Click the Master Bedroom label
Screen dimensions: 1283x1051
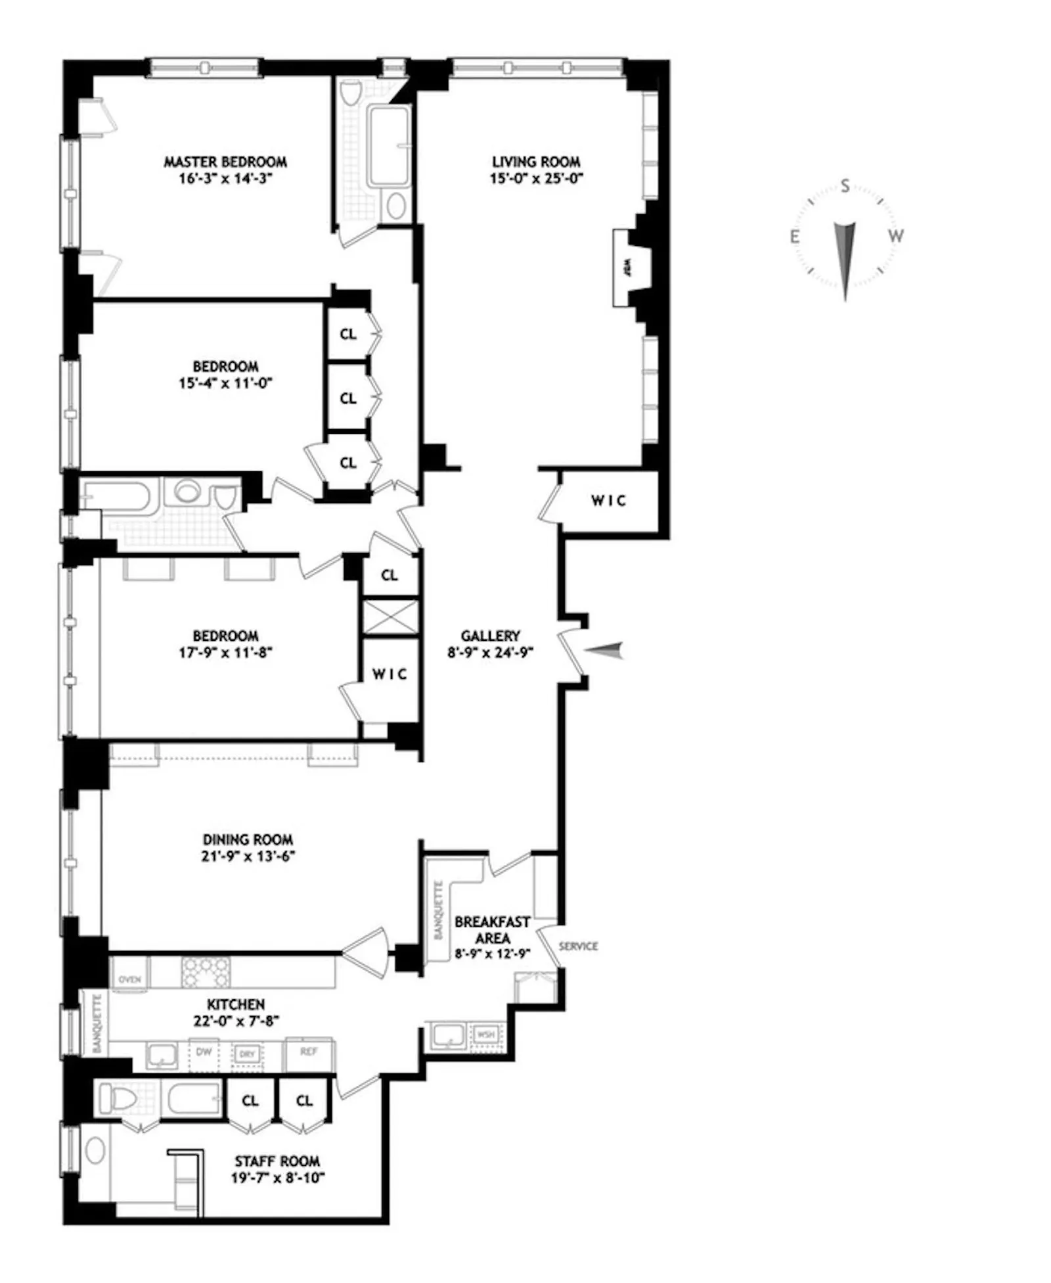tap(225, 162)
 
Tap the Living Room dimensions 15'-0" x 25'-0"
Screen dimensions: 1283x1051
tap(536, 178)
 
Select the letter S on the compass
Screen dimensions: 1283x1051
tap(845, 187)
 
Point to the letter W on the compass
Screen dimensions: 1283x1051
tap(895, 236)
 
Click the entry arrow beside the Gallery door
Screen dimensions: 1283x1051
tap(604, 651)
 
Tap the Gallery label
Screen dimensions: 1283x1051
tap(490, 636)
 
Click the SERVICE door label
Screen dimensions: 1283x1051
tap(578, 946)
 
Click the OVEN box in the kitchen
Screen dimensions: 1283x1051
tap(130, 979)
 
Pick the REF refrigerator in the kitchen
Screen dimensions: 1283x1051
tap(309, 1052)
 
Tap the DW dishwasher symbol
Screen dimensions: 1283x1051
tap(204, 1052)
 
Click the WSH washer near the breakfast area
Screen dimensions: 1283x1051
tap(485, 1035)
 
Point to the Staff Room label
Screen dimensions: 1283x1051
tap(277, 1161)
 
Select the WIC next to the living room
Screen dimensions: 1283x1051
tap(608, 501)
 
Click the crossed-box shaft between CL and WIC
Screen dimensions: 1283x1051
tap(390, 617)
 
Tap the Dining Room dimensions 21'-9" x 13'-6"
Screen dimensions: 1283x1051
tap(248, 856)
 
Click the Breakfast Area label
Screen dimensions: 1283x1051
tap(492, 930)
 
